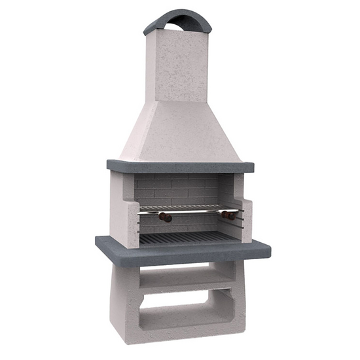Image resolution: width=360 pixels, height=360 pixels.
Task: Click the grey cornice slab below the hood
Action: coord(179,166)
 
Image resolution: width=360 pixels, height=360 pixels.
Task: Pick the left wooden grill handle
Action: coord(166,217)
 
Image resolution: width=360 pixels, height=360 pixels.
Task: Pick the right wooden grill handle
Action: coord(228,215)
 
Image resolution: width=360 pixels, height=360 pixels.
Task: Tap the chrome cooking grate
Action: coord(190,209)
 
